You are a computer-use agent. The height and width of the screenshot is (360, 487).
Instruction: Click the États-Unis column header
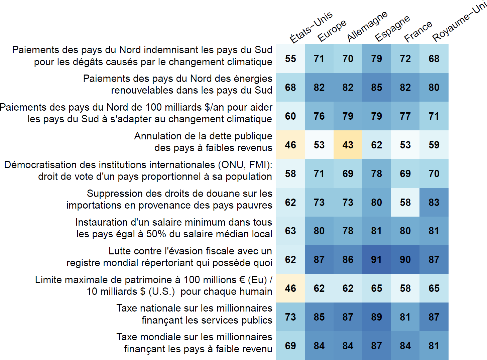click(x=311, y=27)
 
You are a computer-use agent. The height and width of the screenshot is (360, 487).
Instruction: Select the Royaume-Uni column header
click(x=459, y=21)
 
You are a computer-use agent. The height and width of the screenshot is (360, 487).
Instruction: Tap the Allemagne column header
click(x=367, y=26)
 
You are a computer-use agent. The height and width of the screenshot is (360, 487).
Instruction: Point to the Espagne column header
click(x=392, y=28)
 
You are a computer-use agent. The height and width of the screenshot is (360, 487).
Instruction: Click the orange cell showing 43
click(x=348, y=145)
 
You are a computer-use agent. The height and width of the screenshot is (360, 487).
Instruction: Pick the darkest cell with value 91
click(x=376, y=259)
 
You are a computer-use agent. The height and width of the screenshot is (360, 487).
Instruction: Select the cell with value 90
click(x=405, y=259)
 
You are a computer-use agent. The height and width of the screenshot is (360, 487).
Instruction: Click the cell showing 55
click(x=290, y=58)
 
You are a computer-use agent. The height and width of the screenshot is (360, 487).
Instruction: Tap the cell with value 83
click(x=434, y=202)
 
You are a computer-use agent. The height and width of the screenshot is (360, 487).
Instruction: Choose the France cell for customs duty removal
click(x=405, y=202)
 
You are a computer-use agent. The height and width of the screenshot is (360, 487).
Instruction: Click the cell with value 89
click(x=376, y=317)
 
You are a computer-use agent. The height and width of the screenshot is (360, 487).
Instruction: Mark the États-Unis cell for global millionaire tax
click(x=290, y=346)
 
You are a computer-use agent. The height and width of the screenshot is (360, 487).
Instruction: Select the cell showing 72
click(x=405, y=58)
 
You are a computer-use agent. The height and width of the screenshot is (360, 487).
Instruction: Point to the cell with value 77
click(x=405, y=116)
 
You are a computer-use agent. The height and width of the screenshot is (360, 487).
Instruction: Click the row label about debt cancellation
click(x=203, y=142)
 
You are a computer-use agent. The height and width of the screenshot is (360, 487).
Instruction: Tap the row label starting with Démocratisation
click(x=138, y=171)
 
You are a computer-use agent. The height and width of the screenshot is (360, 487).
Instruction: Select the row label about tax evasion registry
click(x=169, y=257)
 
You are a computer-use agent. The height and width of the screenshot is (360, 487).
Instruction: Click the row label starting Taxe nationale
click(x=194, y=314)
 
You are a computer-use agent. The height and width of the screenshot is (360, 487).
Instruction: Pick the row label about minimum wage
click(x=174, y=228)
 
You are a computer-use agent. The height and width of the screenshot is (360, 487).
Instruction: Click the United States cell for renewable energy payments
click(x=290, y=87)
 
